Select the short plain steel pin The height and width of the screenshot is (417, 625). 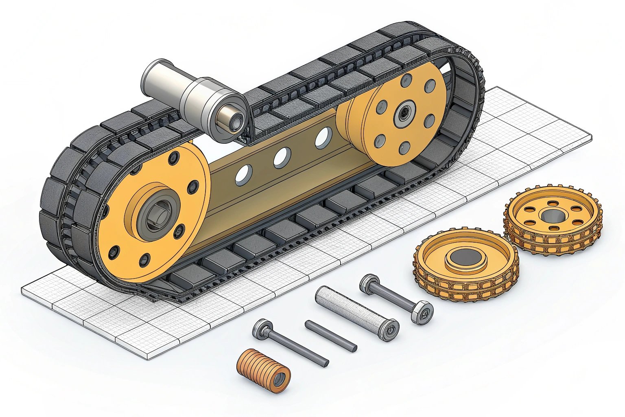click(x=331, y=336)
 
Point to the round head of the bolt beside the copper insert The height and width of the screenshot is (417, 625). click(x=260, y=328)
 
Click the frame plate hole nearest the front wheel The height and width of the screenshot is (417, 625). click(x=244, y=174)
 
